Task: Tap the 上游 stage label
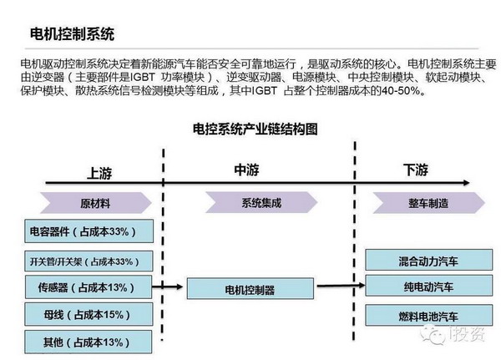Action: point(99,173)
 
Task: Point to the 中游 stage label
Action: point(247,170)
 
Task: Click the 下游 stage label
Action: point(415,170)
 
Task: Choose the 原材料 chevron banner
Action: point(94,203)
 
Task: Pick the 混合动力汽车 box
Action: point(428,261)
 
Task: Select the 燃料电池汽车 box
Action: point(428,315)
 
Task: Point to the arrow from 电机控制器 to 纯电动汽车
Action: point(341,288)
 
